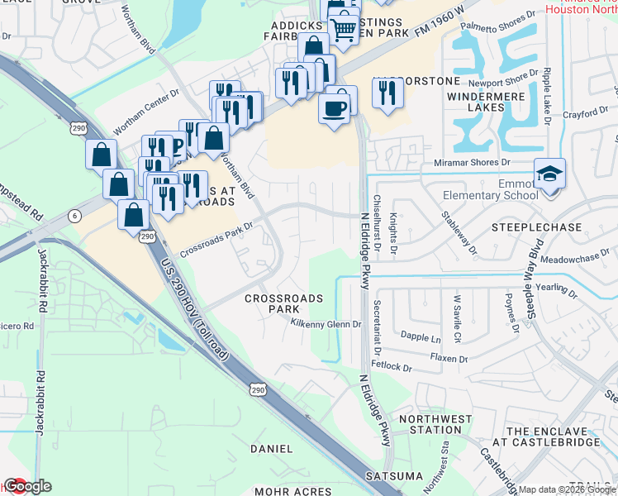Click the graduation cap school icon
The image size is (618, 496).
[549, 174]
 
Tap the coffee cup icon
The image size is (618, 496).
[334, 108]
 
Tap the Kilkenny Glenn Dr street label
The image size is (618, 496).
[327, 325]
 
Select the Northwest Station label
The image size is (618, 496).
[430, 424]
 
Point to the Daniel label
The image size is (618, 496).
[271, 448]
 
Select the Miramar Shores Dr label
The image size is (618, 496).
[473, 165]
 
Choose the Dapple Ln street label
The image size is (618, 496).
[421, 338]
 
